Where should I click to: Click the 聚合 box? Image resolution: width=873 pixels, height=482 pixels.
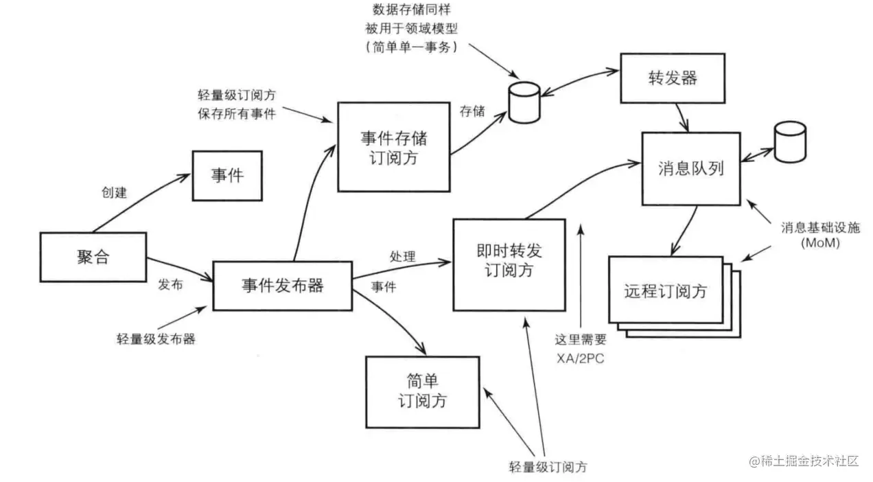[x=93, y=257]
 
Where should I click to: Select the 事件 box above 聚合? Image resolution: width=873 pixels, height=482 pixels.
[x=227, y=175]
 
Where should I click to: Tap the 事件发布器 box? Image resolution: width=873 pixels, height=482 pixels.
[x=282, y=286]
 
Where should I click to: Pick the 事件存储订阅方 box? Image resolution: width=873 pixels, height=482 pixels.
[x=393, y=147]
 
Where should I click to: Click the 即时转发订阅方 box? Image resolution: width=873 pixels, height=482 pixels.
[x=509, y=264]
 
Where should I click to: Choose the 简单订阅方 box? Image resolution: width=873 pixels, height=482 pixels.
[x=422, y=391]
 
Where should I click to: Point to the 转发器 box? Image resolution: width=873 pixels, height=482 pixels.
[x=672, y=78]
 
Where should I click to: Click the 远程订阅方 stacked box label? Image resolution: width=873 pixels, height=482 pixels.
[x=665, y=290]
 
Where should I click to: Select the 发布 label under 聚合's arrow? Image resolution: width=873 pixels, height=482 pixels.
[x=170, y=284]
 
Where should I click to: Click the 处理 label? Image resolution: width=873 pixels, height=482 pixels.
[x=402, y=257]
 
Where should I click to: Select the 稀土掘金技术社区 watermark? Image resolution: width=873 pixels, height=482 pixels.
[x=804, y=461]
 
